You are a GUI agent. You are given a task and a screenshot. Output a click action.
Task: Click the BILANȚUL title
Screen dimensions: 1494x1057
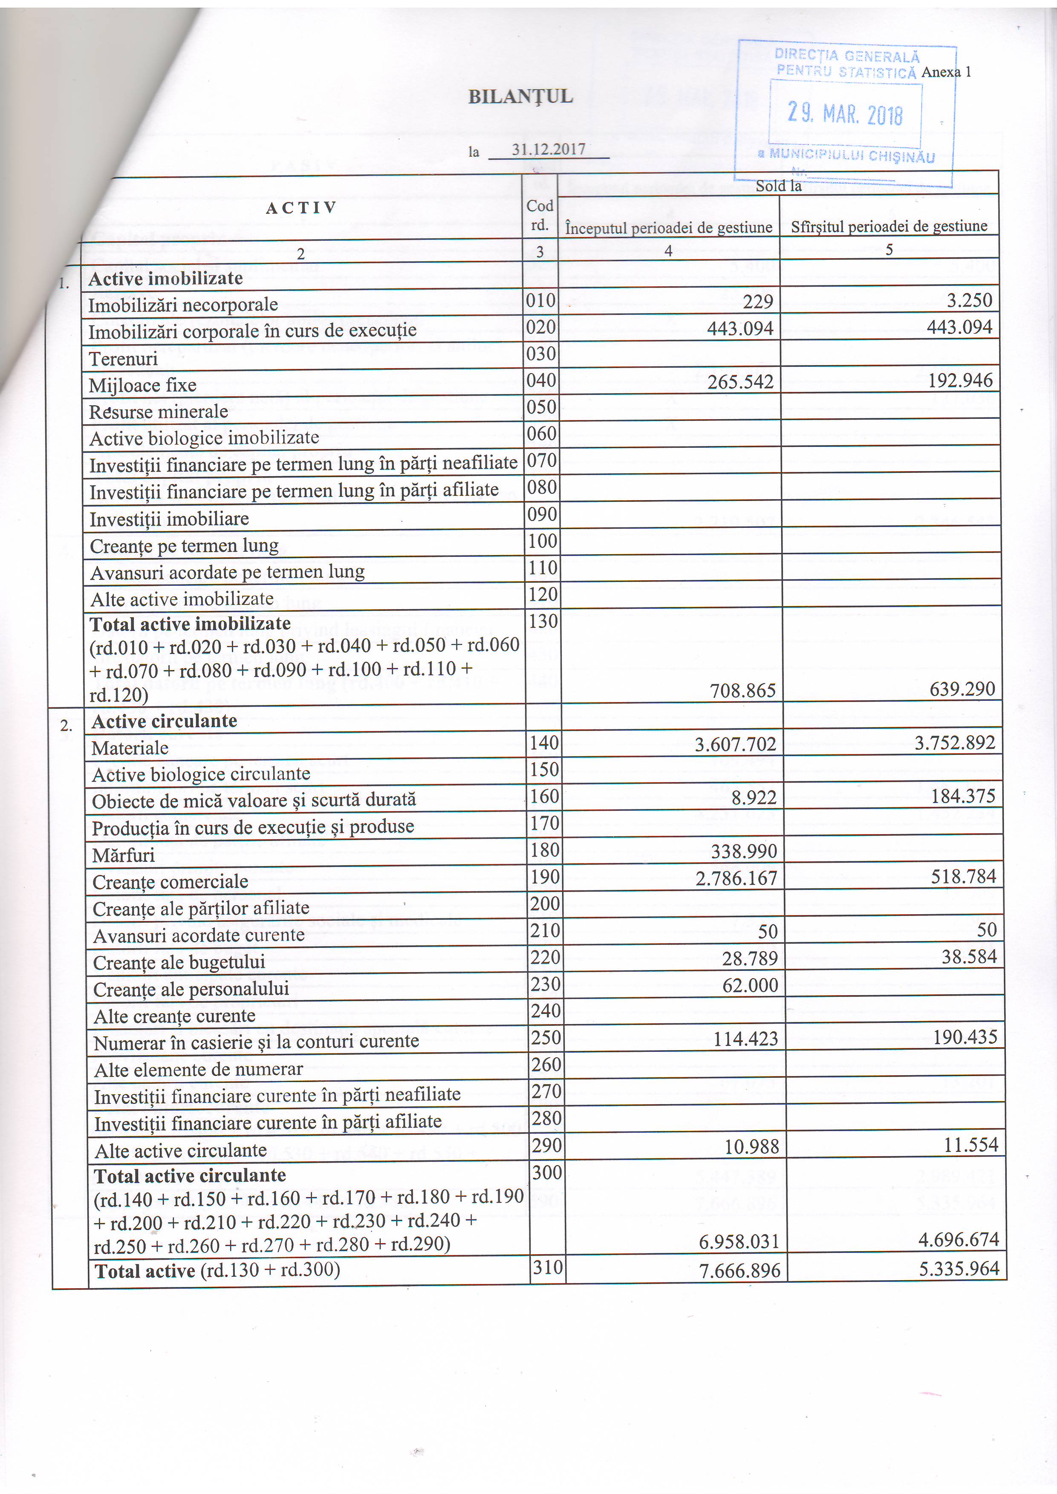tap(521, 97)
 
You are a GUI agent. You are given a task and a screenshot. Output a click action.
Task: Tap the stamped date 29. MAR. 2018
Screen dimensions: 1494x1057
tap(845, 114)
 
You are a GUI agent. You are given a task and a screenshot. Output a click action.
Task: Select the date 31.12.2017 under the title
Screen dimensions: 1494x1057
tap(548, 149)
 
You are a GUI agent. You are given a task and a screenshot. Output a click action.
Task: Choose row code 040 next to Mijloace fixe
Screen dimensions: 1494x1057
tap(541, 380)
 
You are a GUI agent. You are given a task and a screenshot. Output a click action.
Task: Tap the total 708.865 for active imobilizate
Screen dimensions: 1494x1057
tap(742, 690)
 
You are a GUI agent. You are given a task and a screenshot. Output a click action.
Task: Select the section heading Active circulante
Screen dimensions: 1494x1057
tap(164, 721)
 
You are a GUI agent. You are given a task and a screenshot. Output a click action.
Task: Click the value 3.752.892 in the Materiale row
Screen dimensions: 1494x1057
tap(955, 743)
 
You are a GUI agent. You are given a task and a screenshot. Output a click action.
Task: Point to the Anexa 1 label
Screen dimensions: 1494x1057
tap(946, 72)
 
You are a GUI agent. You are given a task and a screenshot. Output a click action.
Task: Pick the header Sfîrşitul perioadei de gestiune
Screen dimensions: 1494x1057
tap(889, 227)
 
